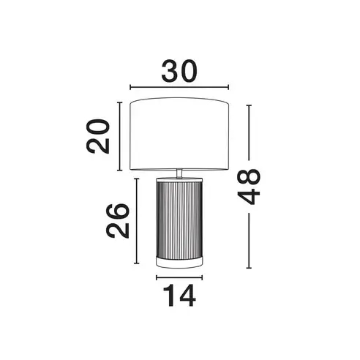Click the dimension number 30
[x=179, y=71]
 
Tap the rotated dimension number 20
[x=97, y=136]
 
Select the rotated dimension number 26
[x=117, y=221]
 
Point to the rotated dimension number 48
[x=249, y=187]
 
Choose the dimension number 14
[x=179, y=296]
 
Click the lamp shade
[x=179, y=134]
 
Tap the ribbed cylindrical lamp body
[x=179, y=219]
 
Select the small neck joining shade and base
[x=179, y=173]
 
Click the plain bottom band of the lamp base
[x=179, y=263]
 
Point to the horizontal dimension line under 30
[x=179, y=87]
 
